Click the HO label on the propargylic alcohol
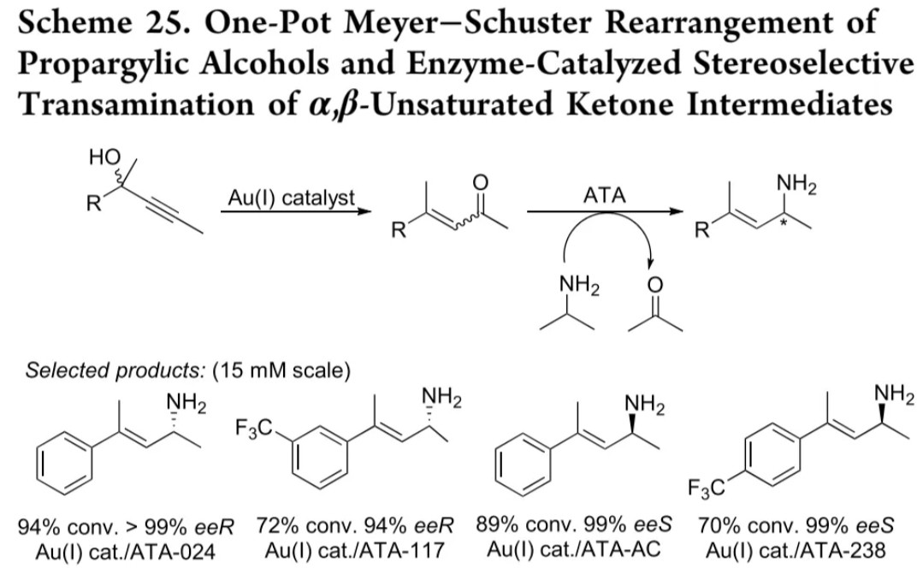[104, 157]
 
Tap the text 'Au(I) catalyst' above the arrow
[292, 198]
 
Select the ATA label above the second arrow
[604, 195]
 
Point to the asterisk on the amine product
[784, 223]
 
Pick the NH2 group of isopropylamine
[579, 285]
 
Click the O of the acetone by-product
[654, 286]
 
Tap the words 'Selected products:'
[115, 370]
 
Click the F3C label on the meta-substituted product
[254, 428]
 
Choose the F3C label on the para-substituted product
[707, 488]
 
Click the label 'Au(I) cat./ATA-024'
[126, 552]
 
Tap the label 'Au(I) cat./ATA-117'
[354, 550]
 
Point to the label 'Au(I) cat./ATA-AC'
[573, 549]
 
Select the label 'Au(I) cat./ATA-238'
[796, 550]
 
